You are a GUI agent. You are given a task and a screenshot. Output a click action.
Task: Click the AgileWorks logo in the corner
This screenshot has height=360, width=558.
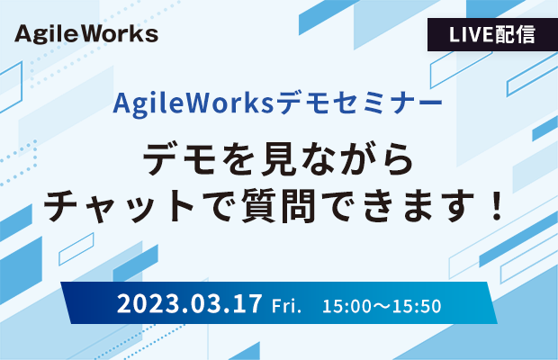coord(86,34)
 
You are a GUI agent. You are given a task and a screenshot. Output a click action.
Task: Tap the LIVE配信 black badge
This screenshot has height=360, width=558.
coord(492,34)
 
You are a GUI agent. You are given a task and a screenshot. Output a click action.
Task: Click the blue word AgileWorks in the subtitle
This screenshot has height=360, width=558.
coord(193,103)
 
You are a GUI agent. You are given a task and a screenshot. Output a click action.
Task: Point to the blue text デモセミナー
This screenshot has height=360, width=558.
coord(359,103)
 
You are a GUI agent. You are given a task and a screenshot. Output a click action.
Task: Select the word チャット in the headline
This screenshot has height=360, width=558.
coord(119,206)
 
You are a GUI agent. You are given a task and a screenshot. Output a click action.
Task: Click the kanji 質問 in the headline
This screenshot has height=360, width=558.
coord(279,206)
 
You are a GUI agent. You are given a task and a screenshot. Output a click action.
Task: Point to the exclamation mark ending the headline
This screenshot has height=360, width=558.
coord(495,206)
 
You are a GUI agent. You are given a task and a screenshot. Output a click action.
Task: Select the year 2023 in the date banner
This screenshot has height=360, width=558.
coord(148,304)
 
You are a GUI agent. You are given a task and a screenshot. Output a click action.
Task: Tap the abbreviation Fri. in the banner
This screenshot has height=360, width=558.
coord(286,306)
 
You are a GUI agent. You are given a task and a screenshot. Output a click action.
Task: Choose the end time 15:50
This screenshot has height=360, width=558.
coord(417,306)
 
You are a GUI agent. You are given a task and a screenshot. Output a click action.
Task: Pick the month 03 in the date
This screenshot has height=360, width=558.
coord(205,304)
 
